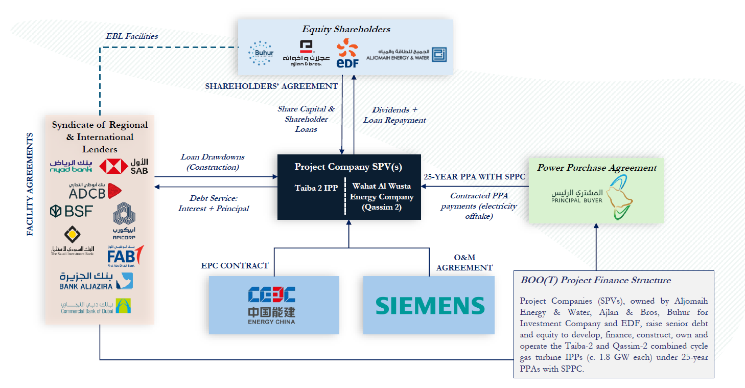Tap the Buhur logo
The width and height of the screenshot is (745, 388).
pyautogui.click(x=261, y=53)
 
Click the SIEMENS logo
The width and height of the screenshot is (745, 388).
pyautogui.click(x=430, y=305)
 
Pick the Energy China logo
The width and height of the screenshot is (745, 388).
pyautogui.click(x=271, y=305)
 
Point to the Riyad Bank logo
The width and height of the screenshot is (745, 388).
pyautogui.click(x=71, y=166)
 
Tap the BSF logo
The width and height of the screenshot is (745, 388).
pyautogui.click(x=72, y=211)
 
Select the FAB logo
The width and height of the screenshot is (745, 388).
pyautogui.click(x=125, y=254)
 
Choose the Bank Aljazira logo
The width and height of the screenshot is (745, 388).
pyautogui.click(x=96, y=280)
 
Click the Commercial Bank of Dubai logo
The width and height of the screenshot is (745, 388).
pyautogui.click(x=96, y=306)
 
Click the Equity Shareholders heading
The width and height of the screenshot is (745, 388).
pyautogui.click(x=346, y=29)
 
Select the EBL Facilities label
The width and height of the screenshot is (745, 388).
pyautogui.click(x=132, y=36)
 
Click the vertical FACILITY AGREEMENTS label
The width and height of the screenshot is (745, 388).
pyautogui.click(x=30, y=185)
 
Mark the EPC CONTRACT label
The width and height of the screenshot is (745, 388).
pyautogui.click(x=235, y=265)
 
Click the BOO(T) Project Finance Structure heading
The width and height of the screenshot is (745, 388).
pyautogui.click(x=595, y=280)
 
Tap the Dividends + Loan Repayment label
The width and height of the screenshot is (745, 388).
pyautogui.click(x=394, y=115)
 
